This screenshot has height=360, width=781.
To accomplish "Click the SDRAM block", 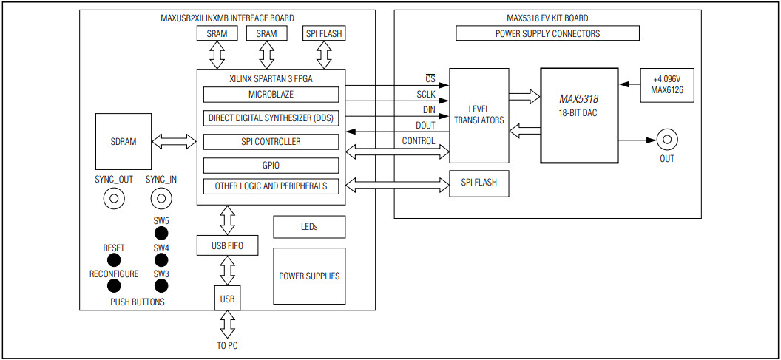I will tap(123, 140).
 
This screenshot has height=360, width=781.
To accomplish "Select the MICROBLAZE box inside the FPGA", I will tap(271, 95).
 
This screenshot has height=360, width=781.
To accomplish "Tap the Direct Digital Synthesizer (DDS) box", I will tap(271, 118).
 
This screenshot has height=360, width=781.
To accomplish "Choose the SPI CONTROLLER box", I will tap(271, 141).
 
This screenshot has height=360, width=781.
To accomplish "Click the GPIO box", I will tap(271, 165).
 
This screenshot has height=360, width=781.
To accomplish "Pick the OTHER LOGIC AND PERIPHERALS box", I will tap(271, 186).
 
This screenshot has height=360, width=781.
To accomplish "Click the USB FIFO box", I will tap(228, 245).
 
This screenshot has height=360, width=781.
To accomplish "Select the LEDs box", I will tap(309, 227).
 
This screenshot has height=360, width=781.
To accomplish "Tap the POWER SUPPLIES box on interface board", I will tap(309, 276).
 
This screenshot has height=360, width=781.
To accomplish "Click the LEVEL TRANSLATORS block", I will tap(479, 115).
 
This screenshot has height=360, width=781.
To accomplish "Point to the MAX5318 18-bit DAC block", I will tap(578, 115).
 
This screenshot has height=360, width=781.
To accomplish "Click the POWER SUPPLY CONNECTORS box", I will tap(547, 33).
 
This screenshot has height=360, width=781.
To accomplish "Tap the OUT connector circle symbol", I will tap(668, 140).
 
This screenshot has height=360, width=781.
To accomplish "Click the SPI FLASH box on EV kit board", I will tap(479, 183).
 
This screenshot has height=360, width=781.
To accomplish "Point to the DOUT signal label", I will tap(425, 126).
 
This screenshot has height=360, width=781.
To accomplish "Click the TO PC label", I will tap(228, 345).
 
